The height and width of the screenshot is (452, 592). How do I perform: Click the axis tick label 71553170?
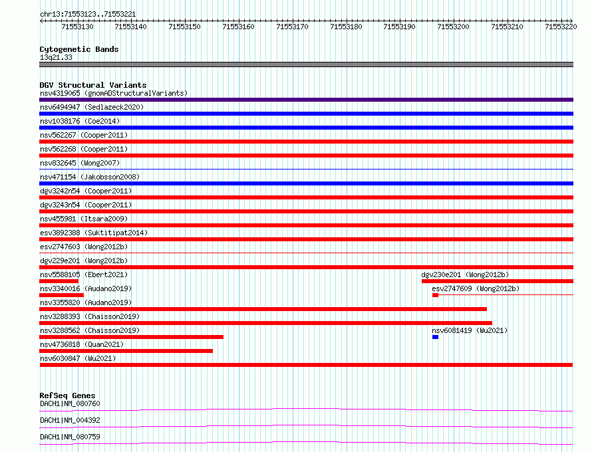click(292, 27)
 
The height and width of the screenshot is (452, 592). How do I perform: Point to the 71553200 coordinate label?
click(453, 27)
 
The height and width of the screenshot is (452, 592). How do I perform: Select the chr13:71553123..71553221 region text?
click(88, 15)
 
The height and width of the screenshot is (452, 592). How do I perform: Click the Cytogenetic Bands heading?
click(79, 49)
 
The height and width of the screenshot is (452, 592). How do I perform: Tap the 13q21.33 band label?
click(56, 57)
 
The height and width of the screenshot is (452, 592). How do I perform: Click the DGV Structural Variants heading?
click(93, 85)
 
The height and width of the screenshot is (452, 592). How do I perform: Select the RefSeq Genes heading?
click(67, 395)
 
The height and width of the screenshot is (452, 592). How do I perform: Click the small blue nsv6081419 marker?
click(435, 337)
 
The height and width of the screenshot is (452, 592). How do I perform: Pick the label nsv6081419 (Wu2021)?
click(470, 330)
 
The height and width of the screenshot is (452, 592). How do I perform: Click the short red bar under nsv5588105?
click(59, 281)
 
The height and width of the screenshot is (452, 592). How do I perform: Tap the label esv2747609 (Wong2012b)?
click(476, 288)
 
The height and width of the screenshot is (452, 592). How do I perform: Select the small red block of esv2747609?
click(435, 295)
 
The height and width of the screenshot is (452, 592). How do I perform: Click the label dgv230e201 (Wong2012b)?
click(465, 275)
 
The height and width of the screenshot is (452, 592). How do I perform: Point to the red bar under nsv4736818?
click(126, 351)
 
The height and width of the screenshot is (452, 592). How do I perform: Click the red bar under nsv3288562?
click(132, 337)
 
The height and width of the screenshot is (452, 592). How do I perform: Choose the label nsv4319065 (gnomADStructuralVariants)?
click(114, 93)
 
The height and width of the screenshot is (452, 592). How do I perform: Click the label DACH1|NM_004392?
click(71, 420)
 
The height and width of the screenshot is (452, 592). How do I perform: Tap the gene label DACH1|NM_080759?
click(71, 437)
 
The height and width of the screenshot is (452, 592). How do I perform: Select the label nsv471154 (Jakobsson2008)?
click(90, 177)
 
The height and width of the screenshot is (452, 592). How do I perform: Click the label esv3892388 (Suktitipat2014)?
click(94, 233)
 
